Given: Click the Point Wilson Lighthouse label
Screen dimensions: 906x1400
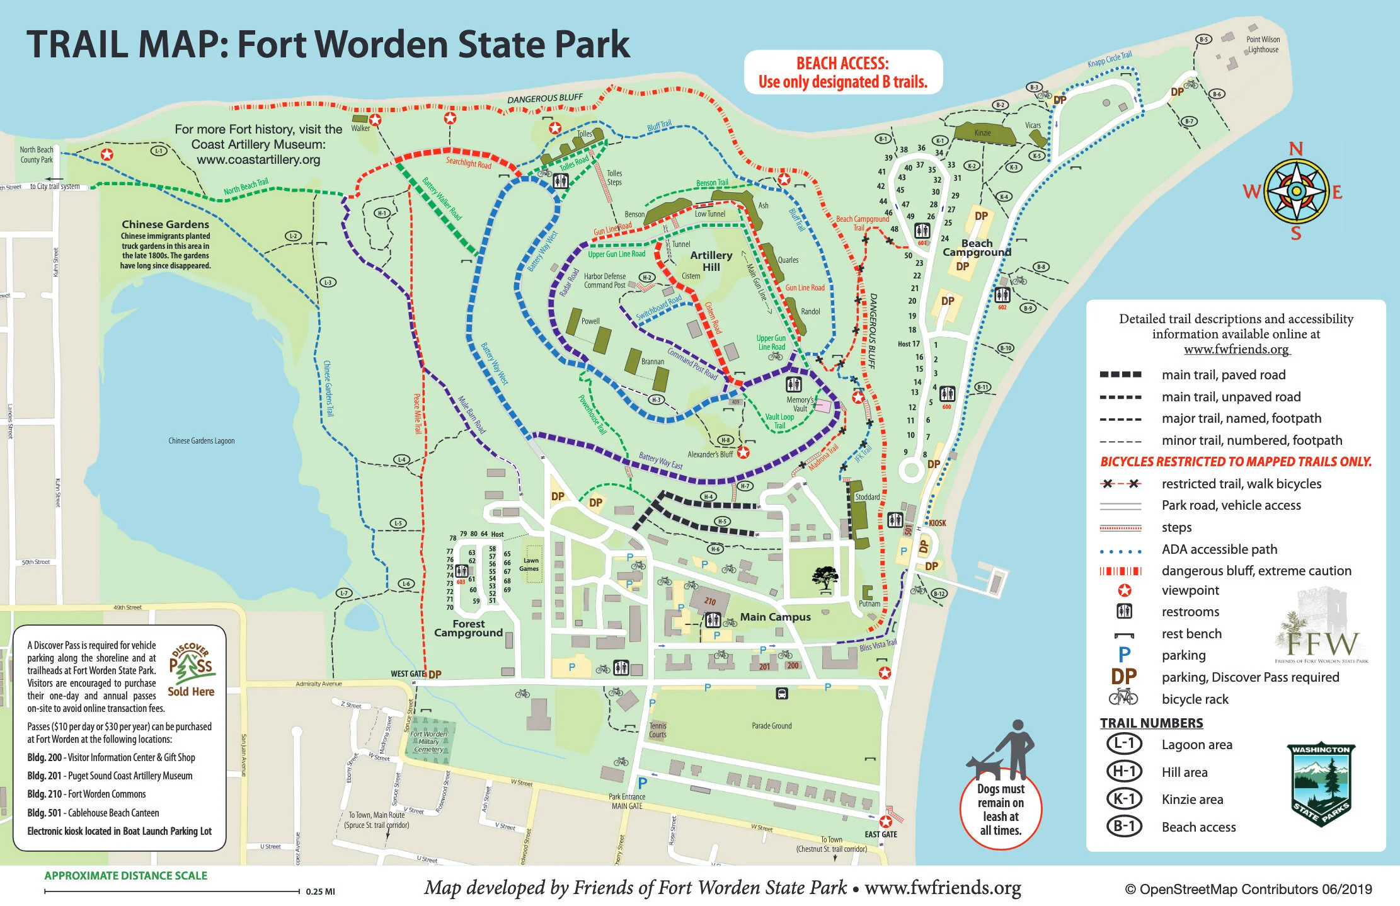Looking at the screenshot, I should (x=1262, y=44).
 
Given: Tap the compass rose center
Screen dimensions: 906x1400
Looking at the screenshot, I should (x=1296, y=190).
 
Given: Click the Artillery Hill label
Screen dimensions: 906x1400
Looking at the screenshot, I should (x=711, y=261).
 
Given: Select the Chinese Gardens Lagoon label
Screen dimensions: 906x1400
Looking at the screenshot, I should (x=201, y=440).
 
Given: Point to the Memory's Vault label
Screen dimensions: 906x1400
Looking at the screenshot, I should (x=800, y=404).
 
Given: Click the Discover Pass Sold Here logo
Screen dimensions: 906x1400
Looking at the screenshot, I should (x=192, y=669).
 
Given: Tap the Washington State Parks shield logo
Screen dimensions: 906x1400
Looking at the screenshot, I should (x=1321, y=785).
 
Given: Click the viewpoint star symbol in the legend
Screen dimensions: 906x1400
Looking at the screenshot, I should (x=1124, y=590).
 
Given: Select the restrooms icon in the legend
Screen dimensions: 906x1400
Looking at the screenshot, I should (x=1124, y=611).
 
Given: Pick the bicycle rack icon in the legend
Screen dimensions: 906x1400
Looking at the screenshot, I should (x=1123, y=697).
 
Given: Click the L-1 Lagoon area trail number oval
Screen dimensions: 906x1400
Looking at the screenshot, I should (x=1124, y=743).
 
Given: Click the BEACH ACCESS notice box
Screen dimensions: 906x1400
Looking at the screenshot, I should (x=842, y=72).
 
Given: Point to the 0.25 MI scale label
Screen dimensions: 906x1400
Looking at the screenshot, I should (x=320, y=892).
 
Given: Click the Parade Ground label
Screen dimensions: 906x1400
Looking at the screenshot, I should (x=771, y=726).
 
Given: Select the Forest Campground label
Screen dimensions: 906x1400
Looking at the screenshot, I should (x=468, y=628).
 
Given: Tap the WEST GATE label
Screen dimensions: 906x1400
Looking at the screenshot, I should (x=408, y=674).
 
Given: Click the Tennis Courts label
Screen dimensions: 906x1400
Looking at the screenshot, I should (x=657, y=730).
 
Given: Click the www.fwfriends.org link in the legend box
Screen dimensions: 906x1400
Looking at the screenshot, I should (x=1236, y=349).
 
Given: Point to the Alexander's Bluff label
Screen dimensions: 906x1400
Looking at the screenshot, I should (x=710, y=454).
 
